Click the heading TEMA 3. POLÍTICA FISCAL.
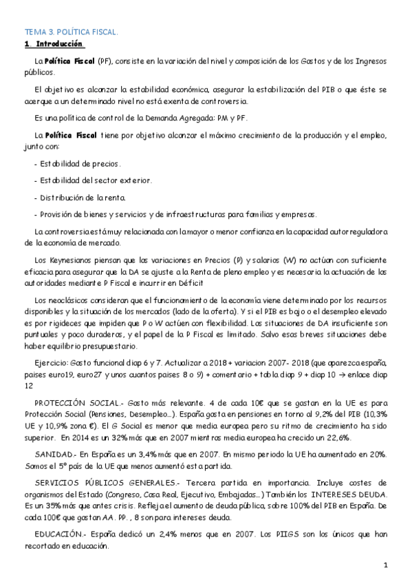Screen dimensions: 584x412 [72, 32]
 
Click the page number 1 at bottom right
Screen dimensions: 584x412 [387, 565]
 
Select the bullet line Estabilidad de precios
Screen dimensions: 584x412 [77, 165]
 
